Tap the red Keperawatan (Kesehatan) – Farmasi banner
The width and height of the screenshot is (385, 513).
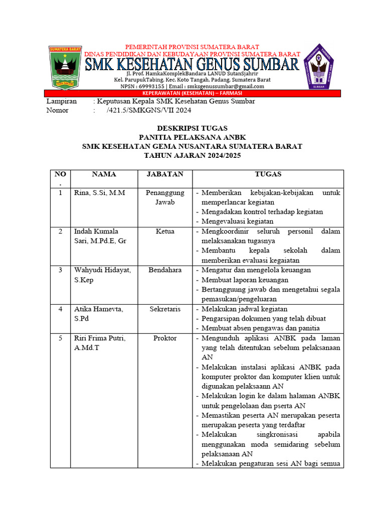[192, 93]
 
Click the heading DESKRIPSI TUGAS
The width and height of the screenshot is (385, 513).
[192, 128]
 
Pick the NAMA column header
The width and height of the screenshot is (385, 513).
[104, 174]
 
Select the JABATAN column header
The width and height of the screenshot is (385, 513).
[165, 174]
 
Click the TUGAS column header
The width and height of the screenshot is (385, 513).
[268, 174]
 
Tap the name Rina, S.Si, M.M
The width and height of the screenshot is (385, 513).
[100, 193]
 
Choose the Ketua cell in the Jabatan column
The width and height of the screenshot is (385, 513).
[165, 231]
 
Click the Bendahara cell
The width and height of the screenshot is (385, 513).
[165, 270]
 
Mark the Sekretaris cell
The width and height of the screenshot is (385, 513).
[165, 309]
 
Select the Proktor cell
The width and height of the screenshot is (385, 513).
[165, 338]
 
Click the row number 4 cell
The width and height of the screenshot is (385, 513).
[60, 309]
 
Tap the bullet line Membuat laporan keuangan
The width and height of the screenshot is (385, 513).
[245, 280]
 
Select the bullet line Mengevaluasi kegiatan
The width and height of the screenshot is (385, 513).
[237, 221]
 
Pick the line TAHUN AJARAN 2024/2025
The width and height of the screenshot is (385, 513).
[192, 156]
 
